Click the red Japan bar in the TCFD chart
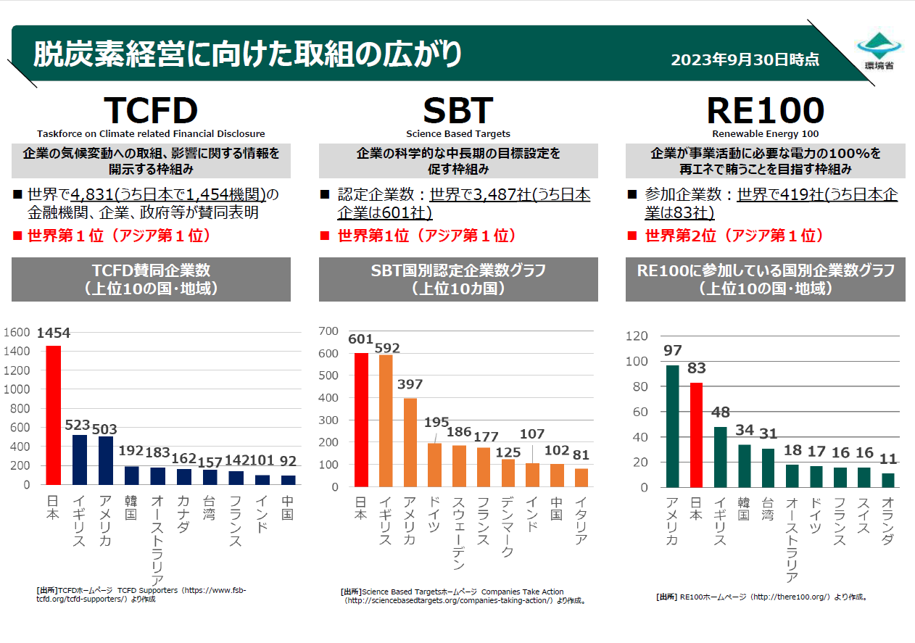pyautogui.click(x=54, y=415)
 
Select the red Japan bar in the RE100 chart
pyautogui.click(x=696, y=435)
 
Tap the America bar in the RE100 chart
pyautogui.click(x=672, y=426)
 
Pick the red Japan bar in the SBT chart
pyautogui.click(x=361, y=420)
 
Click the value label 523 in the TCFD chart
pyautogui.click(x=80, y=426)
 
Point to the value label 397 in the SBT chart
pyautogui.click(x=410, y=384)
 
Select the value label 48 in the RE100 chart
pyautogui.click(x=720, y=412)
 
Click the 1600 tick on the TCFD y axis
pyautogui.click(x=17, y=332)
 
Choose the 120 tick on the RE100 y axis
pyautogui.click(x=637, y=336)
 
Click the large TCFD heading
pyautogui.click(x=151, y=110)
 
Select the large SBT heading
pyautogui.click(x=457, y=110)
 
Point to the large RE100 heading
pyautogui.click(x=765, y=110)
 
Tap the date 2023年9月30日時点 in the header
pyautogui.click(x=745, y=59)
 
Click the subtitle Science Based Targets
pyautogui.click(x=457, y=134)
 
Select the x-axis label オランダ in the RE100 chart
pyautogui.click(x=889, y=521)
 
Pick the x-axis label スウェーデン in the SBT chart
pyautogui.click(x=458, y=533)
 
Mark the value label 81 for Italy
pyautogui.click(x=580, y=456)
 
